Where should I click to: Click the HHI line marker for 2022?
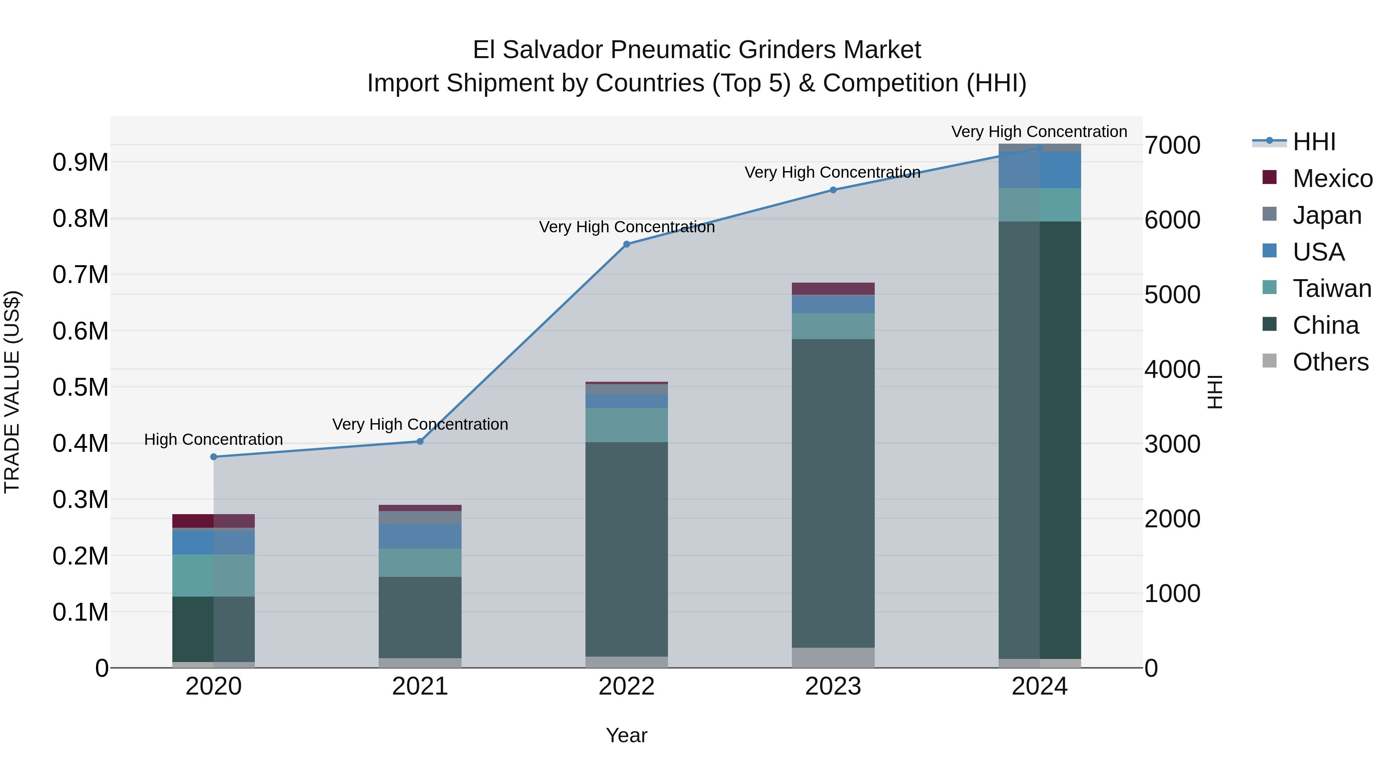627,244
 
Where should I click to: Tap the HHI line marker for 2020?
214,457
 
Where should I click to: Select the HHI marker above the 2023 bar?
833,190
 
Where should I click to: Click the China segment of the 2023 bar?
833,492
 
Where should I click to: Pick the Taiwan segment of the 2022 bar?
627,425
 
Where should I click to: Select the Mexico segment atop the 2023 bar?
833,288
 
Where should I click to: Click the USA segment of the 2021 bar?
420,536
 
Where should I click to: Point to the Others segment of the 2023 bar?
833,657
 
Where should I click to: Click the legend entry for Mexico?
1332,178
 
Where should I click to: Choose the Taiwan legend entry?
1332,288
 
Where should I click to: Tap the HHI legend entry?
1313,142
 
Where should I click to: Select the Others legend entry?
1330,362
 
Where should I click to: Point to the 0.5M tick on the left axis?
80,388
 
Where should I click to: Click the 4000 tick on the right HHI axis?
1172,370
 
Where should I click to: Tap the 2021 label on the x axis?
420,686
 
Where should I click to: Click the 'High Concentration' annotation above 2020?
214,439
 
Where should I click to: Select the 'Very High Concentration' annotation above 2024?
1039,132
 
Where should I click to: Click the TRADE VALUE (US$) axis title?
12,392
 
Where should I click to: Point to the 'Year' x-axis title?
627,735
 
